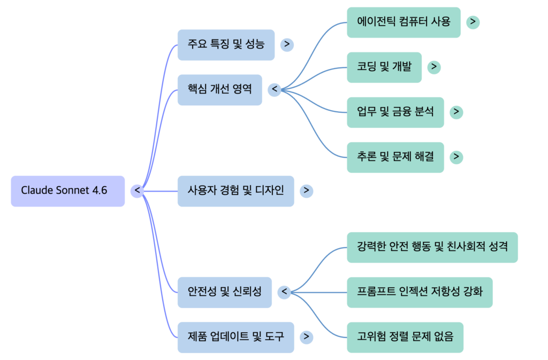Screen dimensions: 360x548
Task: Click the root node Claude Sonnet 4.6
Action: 67,191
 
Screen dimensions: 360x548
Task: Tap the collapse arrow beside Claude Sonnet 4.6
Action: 138,190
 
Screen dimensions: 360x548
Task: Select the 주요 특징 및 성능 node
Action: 226,45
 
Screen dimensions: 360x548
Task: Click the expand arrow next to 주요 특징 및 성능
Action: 287,44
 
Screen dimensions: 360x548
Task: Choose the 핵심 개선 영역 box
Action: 219,90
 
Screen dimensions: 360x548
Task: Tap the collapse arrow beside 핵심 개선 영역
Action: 275,89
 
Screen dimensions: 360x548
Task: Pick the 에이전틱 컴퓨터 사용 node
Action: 403,22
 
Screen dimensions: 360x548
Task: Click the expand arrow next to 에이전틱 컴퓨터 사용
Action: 473,22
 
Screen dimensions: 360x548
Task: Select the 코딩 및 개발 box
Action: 384,67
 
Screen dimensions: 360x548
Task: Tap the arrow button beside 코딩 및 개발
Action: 435,67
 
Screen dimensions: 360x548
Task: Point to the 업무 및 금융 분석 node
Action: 395,112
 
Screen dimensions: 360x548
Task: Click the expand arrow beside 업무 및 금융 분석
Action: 456,112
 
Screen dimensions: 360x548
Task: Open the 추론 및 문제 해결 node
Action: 395,157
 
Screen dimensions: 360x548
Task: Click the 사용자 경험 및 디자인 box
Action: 235,191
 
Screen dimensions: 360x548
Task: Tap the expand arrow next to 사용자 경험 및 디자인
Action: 306,190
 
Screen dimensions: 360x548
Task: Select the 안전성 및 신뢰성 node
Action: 224,293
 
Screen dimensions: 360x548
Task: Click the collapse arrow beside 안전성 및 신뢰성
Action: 284,292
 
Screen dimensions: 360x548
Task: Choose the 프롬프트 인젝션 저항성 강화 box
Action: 419,293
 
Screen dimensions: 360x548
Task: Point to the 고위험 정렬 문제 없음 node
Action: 405,338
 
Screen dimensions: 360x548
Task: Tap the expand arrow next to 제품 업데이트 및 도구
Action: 306,337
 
